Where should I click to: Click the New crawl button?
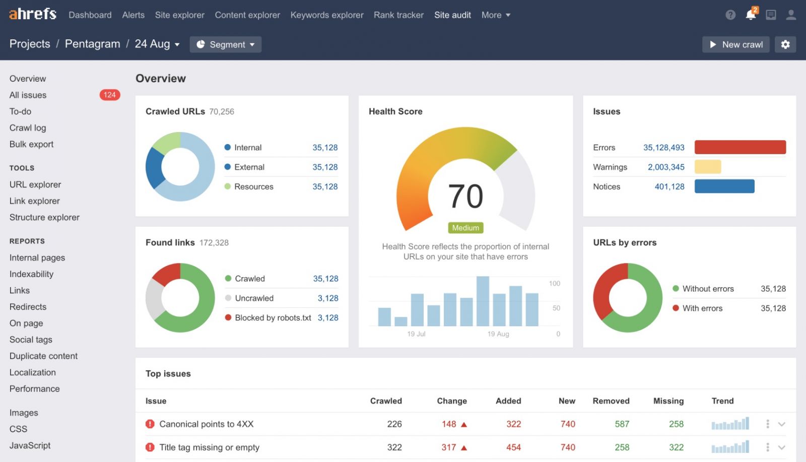(x=735, y=44)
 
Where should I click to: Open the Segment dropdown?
(x=226, y=44)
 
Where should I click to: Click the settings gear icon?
(x=785, y=44)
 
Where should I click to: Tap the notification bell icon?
(x=751, y=15)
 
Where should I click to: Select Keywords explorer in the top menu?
(x=326, y=15)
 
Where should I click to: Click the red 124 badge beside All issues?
(x=109, y=95)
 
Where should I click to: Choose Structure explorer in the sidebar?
(x=44, y=217)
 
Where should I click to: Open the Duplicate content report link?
(x=43, y=356)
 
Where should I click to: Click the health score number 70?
(x=465, y=196)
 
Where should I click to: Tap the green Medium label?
(x=465, y=228)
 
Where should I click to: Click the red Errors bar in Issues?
(x=740, y=147)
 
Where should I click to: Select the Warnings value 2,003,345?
(x=666, y=167)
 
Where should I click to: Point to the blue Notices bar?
(x=724, y=186)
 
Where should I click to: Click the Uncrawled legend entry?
(x=254, y=298)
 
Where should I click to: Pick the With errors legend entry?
(x=702, y=308)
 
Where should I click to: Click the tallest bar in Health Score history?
(x=483, y=301)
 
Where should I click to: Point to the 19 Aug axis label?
(x=498, y=334)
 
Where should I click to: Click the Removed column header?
(x=611, y=401)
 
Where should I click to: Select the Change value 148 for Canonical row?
(x=449, y=424)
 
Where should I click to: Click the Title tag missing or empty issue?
(x=209, y=447)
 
